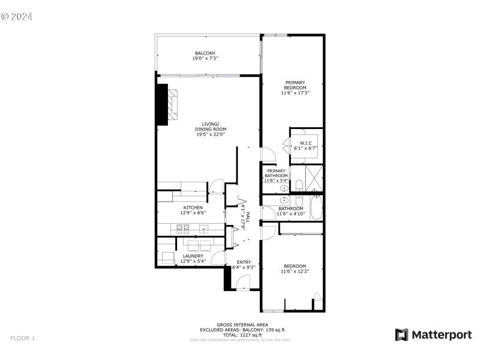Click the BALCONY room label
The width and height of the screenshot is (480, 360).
tap(205, 53)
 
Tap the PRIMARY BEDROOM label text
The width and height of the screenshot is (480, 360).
tap(295, 85)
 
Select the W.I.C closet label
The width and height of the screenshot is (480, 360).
tap(304, 142)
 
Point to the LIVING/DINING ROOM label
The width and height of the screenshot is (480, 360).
tap(210, 127)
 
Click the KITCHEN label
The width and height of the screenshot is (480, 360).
tap(193, 208)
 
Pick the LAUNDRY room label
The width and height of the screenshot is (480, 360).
tap(193, 256)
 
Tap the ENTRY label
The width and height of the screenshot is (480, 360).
tap(244, 262)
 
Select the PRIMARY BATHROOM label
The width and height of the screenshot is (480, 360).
tap(277, 173)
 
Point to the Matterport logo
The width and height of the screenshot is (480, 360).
tap(433, 335)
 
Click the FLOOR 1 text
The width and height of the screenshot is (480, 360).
tap(23, 338)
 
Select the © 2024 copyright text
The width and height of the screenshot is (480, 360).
tap(17, 16)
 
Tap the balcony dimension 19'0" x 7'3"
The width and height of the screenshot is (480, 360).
tap(205, 59)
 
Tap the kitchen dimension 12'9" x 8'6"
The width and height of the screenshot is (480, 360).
tap(193, 213)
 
